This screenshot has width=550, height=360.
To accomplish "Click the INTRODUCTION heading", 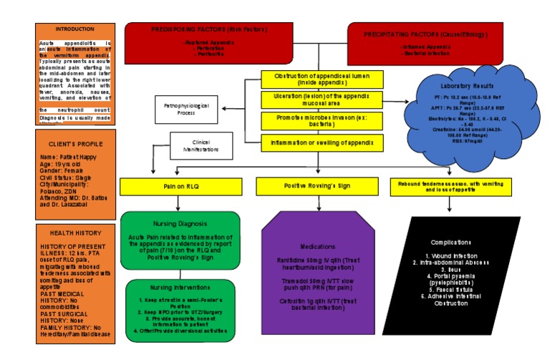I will [74, 29].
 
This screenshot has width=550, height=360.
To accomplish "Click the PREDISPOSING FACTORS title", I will [208, 29].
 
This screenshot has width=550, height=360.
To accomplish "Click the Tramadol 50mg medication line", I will [318, 282].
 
